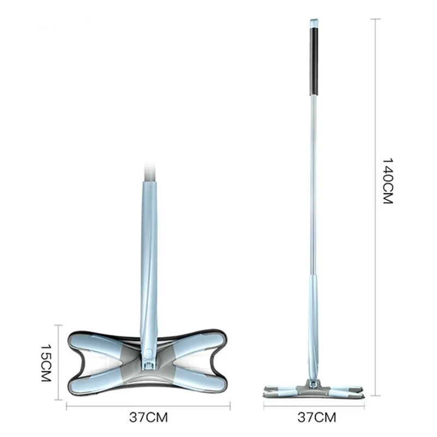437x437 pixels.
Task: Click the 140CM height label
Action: coord(387,181)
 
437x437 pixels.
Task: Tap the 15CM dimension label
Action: coord(46,363)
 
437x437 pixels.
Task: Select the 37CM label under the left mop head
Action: coord(148,417)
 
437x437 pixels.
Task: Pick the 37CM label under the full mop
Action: coord(317,417)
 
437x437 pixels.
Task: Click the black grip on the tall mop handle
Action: coord(314,61)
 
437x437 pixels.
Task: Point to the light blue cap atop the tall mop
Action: coord(314,23)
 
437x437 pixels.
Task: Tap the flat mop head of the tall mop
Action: coord(313,391)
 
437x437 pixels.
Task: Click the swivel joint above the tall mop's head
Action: coord(313,383)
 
